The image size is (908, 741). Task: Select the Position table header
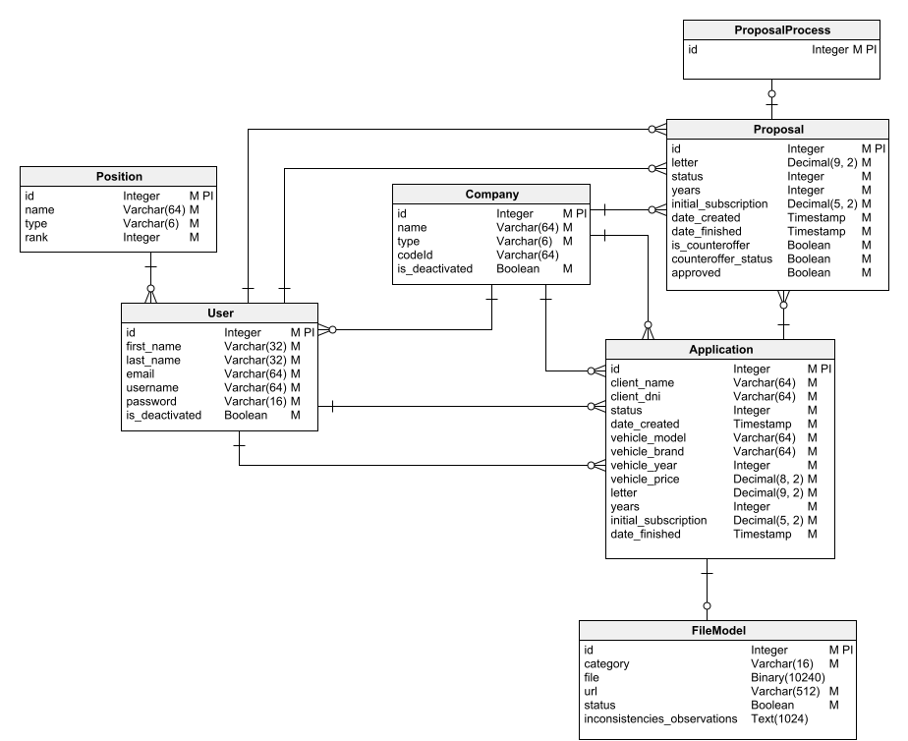(x=119, y=177)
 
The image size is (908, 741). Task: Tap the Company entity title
(x=491, y=195)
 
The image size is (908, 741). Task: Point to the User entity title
(x=219, y=313)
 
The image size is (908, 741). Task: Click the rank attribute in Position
(x=37, y=238)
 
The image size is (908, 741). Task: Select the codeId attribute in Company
(x=416, y=255)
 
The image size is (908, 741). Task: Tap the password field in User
(x=150, y=402)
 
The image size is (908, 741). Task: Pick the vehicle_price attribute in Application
(x=644, y=479)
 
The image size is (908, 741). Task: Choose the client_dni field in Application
(x=638, y=396)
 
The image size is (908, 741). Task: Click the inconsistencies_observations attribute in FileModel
(x=660, y=718)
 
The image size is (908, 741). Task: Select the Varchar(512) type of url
(x=786, y=691)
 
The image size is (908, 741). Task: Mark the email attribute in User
(x=141, y=374)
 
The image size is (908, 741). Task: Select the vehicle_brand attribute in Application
(x=648, y=451)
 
